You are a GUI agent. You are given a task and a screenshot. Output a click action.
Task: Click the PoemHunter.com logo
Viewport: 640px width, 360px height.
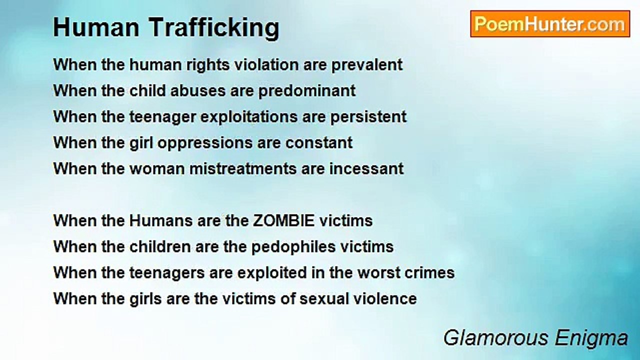pyautogui.click(x=550, y=24)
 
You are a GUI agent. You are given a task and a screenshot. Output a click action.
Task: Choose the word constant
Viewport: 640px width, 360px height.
pyautogui.click(x=319, y=142)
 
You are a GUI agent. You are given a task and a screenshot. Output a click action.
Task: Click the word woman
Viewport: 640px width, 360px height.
pyautogui.click(x=157, y=168)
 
